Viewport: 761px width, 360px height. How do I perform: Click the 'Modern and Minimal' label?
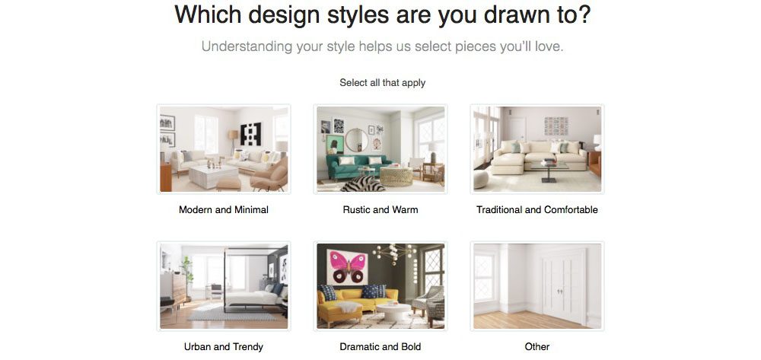point(223,209)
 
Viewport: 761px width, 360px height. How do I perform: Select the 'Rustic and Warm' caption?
point(380,209)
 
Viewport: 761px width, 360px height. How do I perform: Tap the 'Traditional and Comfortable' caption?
point(537,209)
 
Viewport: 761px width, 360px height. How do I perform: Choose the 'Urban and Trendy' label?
point(223,346)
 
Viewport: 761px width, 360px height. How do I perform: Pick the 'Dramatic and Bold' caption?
point(380,346)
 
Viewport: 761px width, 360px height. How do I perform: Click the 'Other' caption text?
point(537,346)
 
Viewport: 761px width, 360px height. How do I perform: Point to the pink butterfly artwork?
point(347,267)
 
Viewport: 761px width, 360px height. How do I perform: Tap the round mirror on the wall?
point(357,140)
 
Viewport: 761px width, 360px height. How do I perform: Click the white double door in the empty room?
point(563,285)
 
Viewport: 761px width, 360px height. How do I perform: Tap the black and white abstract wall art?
point(250,134)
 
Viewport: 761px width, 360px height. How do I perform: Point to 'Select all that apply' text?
point(383,82)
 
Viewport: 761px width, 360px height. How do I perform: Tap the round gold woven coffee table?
point(396,177)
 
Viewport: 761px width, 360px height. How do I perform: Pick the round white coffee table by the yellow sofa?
point(393,311)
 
